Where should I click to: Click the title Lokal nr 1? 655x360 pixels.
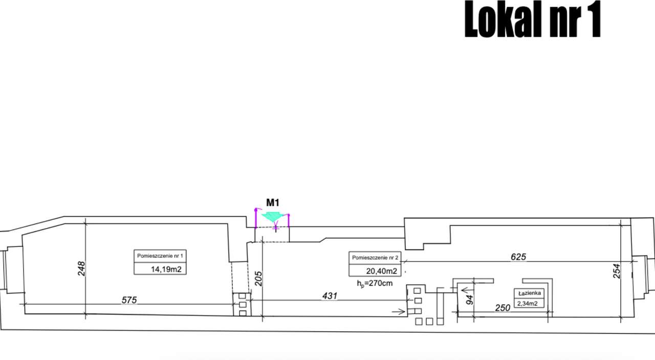(533, 19)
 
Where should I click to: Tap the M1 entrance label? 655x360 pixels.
(273, 202)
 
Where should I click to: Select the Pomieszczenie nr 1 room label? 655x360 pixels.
(160, 256)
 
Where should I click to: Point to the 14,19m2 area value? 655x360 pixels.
(166, 269)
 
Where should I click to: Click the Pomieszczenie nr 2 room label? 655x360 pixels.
(375, 258)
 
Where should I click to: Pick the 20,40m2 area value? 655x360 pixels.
(382, 271)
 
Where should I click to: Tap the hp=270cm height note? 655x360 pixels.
(375, 283)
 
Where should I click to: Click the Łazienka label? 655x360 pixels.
(530, 293)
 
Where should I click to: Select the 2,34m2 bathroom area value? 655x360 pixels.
(528, 304)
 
